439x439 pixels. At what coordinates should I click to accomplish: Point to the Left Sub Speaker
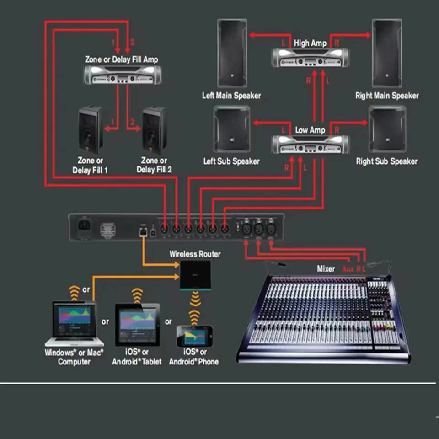pos(232,129)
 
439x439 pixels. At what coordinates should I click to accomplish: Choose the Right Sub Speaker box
pos(387,129)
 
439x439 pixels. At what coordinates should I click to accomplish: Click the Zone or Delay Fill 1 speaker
pos(90,130)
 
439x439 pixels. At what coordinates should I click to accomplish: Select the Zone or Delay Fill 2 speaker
pos(154,130)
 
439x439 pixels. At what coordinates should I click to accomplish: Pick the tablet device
pos(137,323)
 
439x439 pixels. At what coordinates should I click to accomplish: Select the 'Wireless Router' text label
pos(195,254)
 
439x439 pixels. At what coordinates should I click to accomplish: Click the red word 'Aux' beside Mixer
pos(348,269)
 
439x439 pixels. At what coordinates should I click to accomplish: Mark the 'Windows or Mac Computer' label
pos(74,357)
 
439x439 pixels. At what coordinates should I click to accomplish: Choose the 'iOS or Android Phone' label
pos(194,357)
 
